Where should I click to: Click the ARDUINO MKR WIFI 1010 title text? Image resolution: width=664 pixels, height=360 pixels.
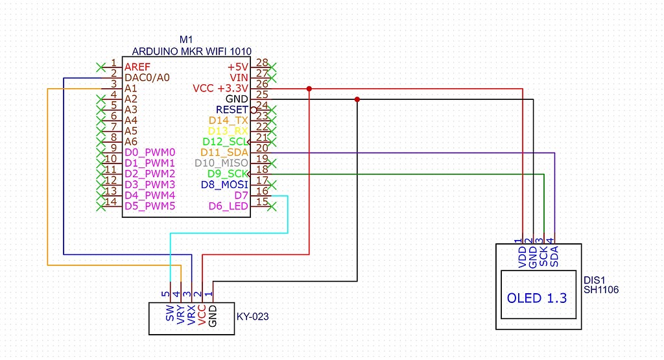tap(191, 51)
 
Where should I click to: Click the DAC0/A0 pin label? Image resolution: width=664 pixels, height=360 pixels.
tap(147, 77)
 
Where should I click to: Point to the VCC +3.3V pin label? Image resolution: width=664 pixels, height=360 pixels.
tap(220, 88)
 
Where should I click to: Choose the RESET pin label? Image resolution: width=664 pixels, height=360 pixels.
tap(232, 110)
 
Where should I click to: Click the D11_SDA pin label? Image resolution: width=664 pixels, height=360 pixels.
tap(224, 152)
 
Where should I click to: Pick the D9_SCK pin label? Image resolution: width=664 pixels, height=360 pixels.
tap(228, 174)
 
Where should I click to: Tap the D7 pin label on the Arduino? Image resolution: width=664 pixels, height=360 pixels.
tap(241, 195)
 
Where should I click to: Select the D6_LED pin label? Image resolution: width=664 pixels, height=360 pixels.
tap(228, 206)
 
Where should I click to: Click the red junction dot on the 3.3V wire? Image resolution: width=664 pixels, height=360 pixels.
tap(310, 88)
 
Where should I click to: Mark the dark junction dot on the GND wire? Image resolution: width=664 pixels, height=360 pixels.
tap(357, 99)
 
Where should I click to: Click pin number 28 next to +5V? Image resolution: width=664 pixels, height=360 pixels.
tap(262, 63)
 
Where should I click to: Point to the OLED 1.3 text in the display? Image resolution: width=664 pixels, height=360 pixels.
tap(537, 298)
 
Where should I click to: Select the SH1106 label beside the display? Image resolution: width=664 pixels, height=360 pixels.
tap(601, 290)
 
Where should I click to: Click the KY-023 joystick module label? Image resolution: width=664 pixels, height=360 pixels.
tap(254, 317)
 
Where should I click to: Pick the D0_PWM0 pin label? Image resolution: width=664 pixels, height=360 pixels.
tap(150, 152)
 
